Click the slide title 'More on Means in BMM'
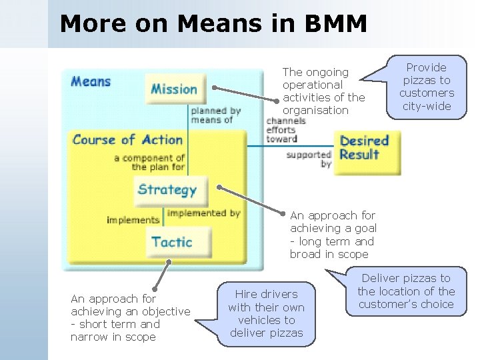coord(213,24)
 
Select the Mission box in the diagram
coord(175,89)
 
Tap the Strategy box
coord(168,189)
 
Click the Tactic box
coord(171,241)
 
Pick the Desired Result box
coord(364,148)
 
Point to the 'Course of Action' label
coord(127,140)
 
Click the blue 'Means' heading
coord(91,82)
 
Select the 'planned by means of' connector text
coord(215,115)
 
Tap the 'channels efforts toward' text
coord(286,130)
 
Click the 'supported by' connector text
coord(309,159)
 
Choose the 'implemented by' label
coord(203,213)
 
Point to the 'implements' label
coord(133,219)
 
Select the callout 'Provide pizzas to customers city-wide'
coord(426,87)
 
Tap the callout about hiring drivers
coord(266,313)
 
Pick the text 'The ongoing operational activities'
coord(323,91)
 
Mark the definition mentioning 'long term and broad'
coord(332,235)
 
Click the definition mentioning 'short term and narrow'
coord(130,318)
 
